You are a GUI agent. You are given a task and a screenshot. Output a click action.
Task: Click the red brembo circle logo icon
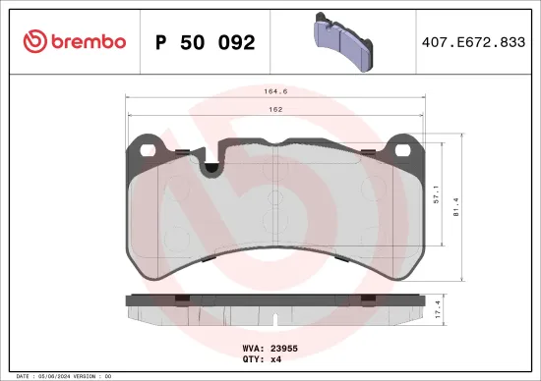point(35,41)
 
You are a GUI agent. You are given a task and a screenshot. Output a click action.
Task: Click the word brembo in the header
point(89,41)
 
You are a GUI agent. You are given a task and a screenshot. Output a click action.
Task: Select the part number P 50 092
point(206,42)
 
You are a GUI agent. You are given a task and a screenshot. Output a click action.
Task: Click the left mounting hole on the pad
point(150,150)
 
